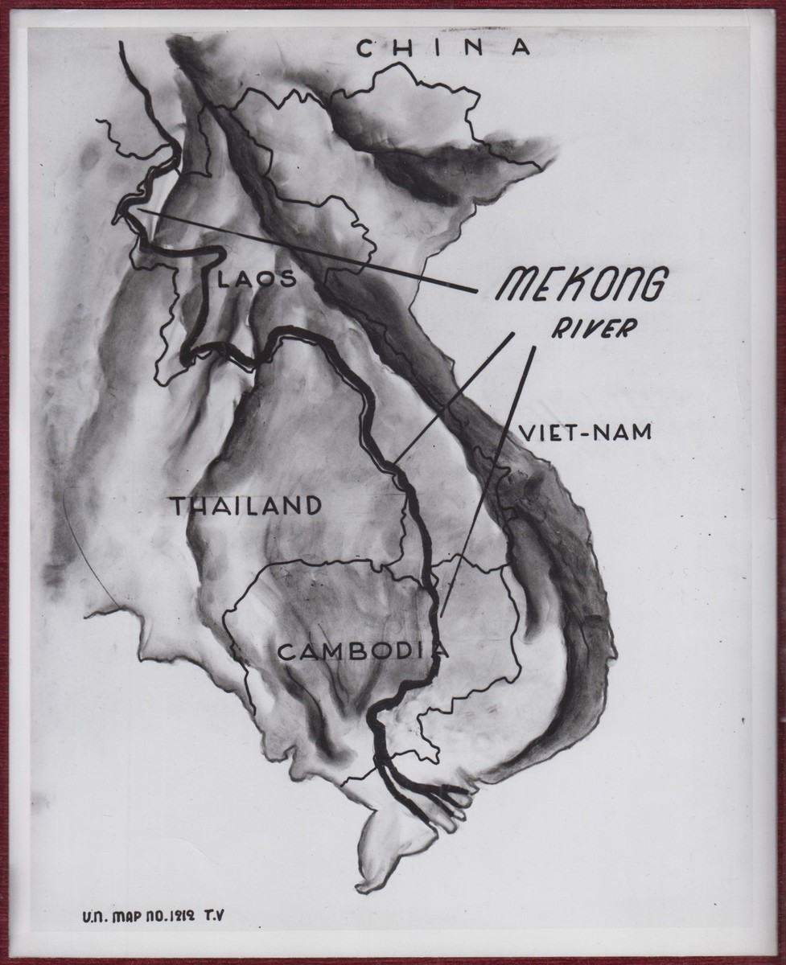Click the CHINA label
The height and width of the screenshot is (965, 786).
[444, 48]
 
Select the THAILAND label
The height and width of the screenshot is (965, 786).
[245, 505]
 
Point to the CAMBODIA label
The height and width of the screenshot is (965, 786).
[361, 651]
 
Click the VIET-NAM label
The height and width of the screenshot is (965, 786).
[584, 433]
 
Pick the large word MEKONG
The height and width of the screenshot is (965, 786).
[582, 285]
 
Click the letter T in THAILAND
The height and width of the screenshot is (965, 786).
[176, 505]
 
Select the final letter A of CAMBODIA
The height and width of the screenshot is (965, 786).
[440, 650]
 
